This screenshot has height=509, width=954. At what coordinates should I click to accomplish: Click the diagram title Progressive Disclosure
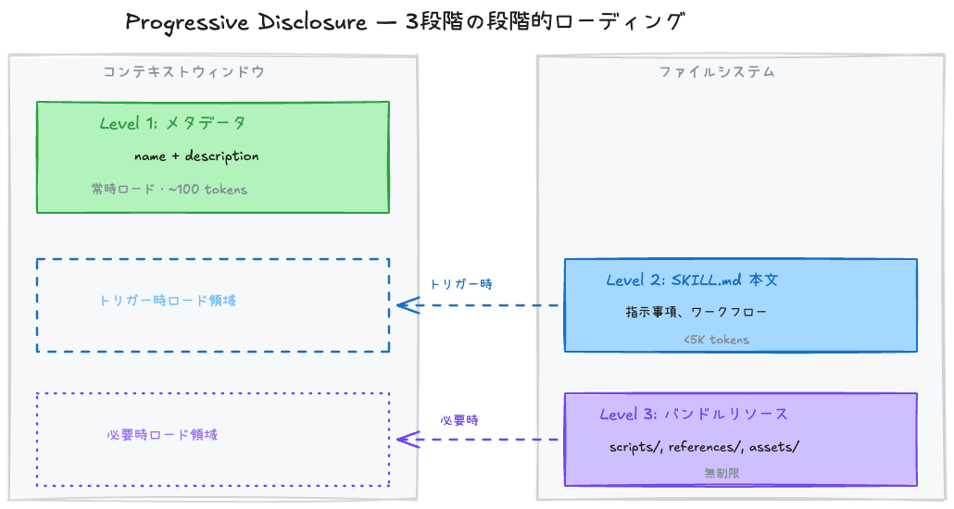(x=246, y=22)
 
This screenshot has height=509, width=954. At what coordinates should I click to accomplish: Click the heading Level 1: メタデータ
(x=172, y=123)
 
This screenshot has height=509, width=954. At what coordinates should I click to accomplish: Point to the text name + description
(x=196, y=155)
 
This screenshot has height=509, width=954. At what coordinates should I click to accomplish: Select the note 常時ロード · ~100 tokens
(x=169, y=189)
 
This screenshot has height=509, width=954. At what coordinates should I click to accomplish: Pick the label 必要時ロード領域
(x=162, y=434)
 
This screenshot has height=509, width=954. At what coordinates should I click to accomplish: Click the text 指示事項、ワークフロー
(x=696, y=312)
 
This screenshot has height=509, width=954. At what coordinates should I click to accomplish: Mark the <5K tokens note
(x=716, y=340)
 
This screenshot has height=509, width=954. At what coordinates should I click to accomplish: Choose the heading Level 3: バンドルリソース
(x=694, y=414)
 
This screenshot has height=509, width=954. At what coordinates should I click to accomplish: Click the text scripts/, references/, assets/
(x=704, y=447)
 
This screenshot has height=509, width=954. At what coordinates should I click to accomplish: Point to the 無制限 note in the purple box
(x=722, y=473)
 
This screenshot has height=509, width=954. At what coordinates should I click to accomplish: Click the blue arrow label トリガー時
(x=460, y=284)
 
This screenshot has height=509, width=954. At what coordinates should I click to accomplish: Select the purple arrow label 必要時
(x=459, y=419)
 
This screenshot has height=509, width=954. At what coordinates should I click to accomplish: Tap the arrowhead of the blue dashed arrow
(x=403, y=305)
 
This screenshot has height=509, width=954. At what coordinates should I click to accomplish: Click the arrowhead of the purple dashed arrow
(x=403, y=440)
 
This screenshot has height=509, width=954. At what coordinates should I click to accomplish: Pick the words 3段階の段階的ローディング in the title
(x=546, y=22)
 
